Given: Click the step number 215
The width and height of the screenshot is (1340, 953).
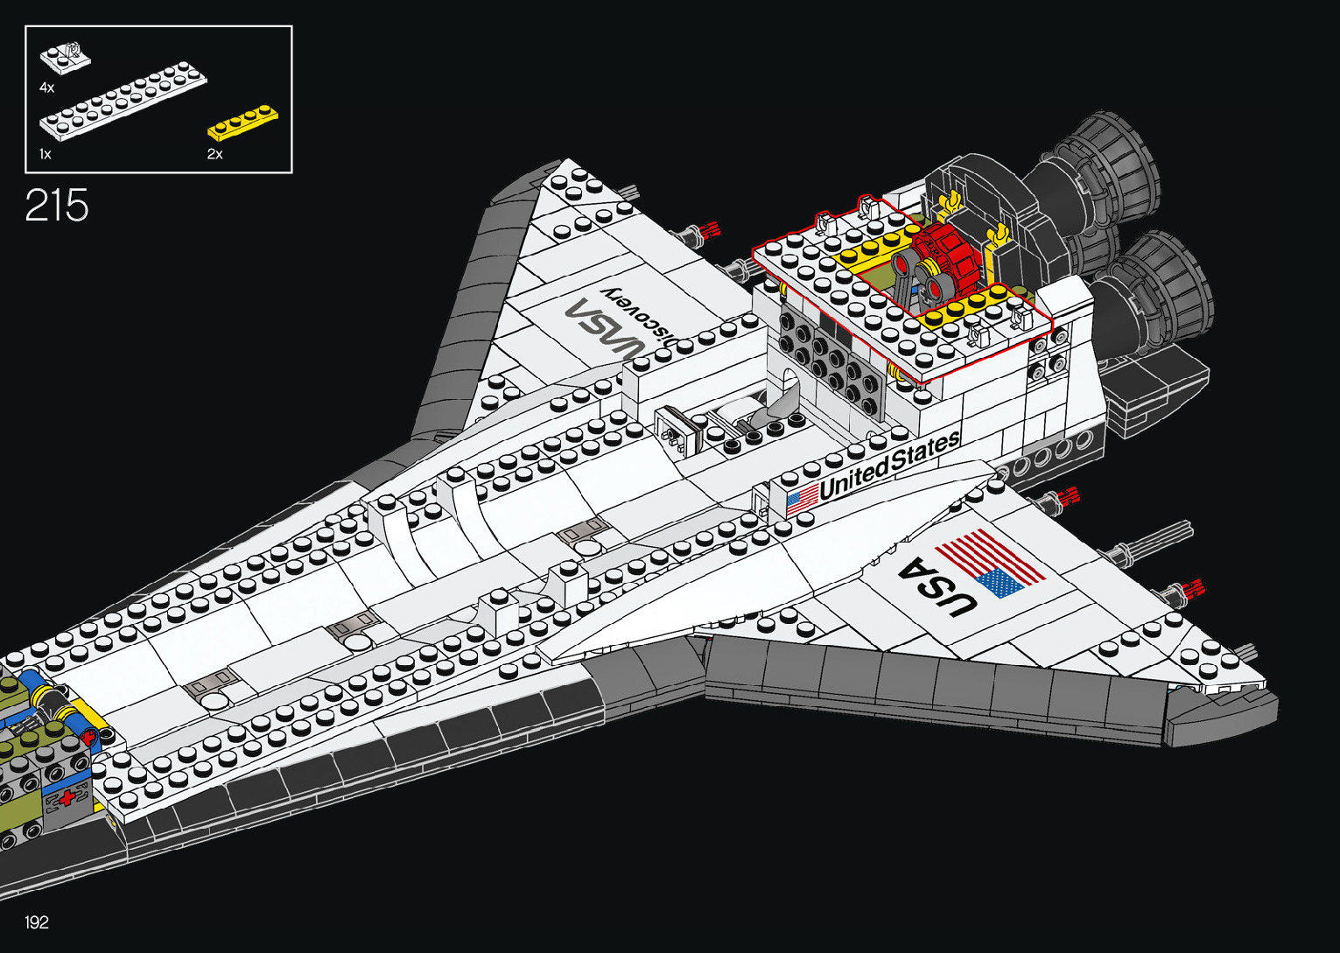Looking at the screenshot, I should coord(57,206).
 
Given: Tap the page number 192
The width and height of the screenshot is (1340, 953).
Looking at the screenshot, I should coord(37,921).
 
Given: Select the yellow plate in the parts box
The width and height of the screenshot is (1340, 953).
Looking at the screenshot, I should coord(242,123).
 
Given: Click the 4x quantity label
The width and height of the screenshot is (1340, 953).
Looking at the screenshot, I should coord(46,88).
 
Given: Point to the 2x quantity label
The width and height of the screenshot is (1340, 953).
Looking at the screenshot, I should coord(214,154).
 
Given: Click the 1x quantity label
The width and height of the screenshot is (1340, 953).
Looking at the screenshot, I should coord(46,154).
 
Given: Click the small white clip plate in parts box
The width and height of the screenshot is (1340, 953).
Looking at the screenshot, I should coord(66,56).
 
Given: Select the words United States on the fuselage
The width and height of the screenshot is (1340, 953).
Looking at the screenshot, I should coord(887,464).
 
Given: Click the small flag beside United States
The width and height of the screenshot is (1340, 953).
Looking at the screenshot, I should coord(801,499).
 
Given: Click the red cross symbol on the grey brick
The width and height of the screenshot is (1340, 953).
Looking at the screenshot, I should coord(67,798).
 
